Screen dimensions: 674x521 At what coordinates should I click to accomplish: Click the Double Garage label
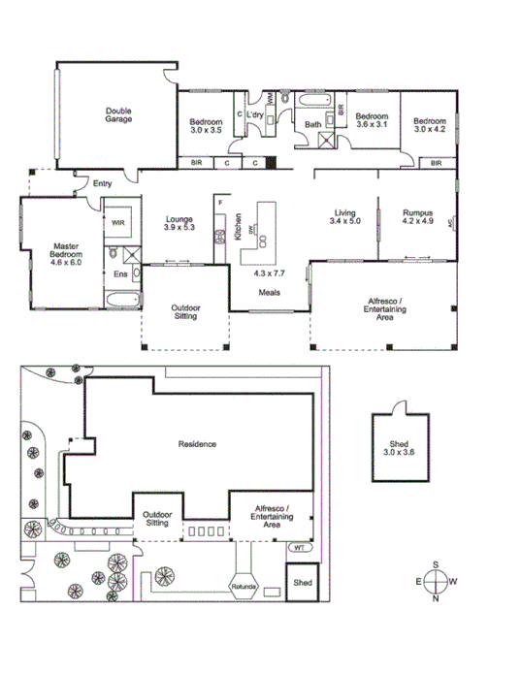[118, 114]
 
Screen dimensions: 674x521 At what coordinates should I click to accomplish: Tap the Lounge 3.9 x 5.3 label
[180, 223]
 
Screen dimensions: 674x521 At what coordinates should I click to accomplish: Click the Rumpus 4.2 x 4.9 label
[417, 217]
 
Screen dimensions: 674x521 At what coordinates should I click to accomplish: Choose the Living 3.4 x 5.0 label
[346, 217]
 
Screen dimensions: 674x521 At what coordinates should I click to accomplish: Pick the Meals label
[270, 292]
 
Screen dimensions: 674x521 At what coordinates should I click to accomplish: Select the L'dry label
[255, 116]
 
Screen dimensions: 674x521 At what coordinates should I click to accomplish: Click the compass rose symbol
[438, 581]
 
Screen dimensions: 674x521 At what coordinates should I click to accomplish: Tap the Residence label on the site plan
[197, 444]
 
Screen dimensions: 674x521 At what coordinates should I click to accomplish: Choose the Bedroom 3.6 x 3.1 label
[372, 119]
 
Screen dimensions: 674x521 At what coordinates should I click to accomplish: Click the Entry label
[103, 182]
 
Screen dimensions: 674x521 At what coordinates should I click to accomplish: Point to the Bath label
[313, 124]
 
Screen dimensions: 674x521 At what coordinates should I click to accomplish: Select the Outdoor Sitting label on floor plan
[186, 311]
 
